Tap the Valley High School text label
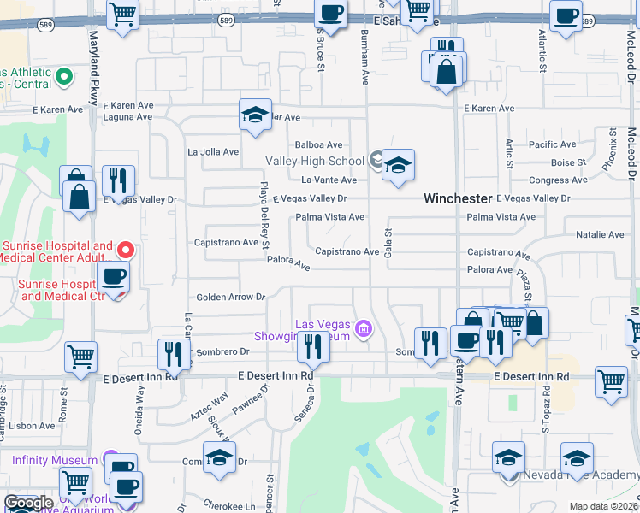[315, 161]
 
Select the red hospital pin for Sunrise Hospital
[125, 251]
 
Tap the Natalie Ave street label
[600, 234]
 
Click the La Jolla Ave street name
[213, 152]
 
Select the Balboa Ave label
[319, 145]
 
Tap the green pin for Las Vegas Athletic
[62, 79]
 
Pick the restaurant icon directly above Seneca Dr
[312, 346]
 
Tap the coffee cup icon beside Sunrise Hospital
[113, 277]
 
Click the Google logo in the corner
[28, 503]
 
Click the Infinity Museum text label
[55, 460]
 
